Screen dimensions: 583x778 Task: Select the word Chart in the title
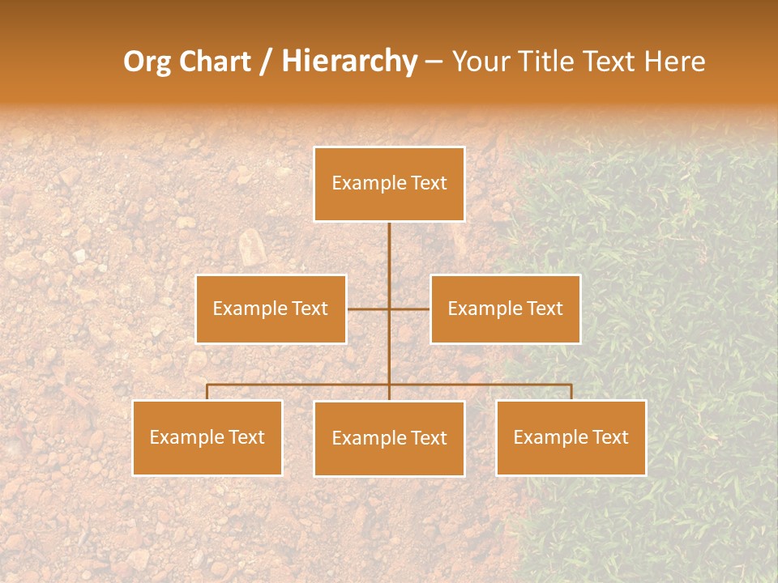[211, 62]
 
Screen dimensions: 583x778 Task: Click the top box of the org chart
[389, 184]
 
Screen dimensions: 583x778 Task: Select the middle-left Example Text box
[271, 309]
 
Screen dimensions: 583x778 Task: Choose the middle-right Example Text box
[505, 309]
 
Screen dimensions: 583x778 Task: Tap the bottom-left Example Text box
[207, 437]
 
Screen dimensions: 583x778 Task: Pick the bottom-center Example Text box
[389, 438]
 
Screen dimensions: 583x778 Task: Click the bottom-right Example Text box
[571, 437]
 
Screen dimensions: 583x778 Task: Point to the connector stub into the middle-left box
[367, 309]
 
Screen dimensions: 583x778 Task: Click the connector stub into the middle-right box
[410, 309]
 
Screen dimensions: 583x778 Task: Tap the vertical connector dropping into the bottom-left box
[207, 392]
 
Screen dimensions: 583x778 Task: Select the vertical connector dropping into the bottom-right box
[571, 392]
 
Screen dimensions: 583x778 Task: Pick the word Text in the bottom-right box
[609, 437]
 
